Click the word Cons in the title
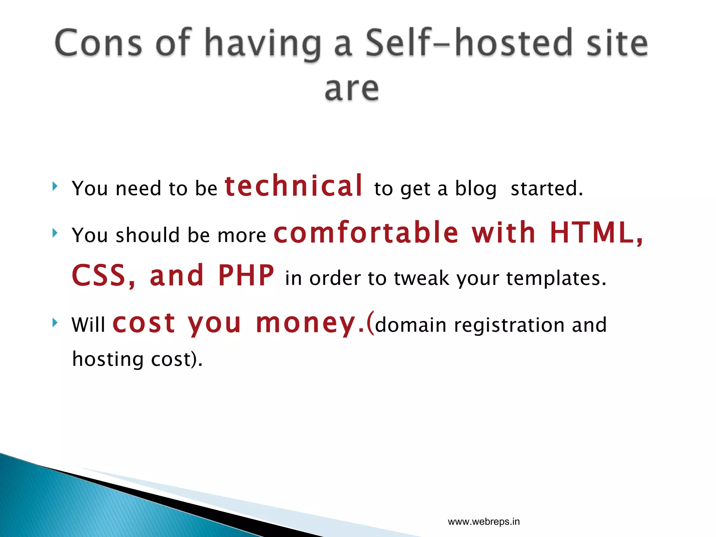click(99, 43)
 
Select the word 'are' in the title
click(352, 89)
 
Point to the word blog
click(475, 189)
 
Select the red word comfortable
click(366, 233)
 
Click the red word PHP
click(246, 275)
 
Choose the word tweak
click(421, 278)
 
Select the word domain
click(411, 325)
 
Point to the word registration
click(509, 325)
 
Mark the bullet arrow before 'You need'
click(55, 186)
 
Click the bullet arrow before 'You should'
click(55, 233)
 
